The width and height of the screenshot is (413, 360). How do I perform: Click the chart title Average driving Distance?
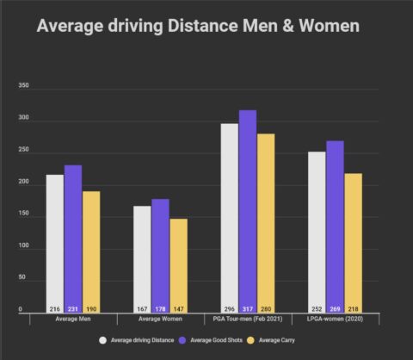198,27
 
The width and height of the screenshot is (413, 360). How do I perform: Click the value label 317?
248,308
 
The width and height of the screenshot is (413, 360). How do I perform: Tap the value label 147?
178,308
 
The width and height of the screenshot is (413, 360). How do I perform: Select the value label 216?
54,308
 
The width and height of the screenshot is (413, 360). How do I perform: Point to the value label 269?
336,308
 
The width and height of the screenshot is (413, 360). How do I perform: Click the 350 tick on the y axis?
24,87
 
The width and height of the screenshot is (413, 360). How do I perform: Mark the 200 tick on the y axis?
24,183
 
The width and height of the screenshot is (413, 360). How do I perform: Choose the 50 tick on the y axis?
24,279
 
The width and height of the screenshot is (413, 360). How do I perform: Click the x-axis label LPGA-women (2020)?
336,320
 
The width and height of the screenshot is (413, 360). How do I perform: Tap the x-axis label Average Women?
160,320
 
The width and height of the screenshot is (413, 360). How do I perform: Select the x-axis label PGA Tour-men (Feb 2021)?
248,320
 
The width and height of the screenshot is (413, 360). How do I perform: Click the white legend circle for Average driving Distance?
102,339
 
